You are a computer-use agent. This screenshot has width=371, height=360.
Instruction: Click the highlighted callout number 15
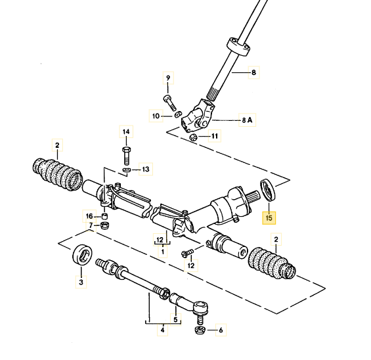pos(269,217)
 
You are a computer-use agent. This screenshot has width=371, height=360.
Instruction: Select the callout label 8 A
pos(247,120)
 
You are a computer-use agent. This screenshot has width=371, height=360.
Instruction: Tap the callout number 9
pos(168,78)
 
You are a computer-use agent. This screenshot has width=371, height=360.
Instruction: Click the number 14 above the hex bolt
pos(126,131)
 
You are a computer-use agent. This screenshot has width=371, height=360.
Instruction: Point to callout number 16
pos(89,216)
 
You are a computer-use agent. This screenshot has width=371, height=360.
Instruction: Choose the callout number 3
pos(81,282)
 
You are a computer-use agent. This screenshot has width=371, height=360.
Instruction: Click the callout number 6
pos(221,330)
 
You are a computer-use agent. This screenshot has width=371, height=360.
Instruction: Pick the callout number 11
pos(215,136)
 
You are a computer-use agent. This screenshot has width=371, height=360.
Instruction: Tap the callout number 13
pos(146,169)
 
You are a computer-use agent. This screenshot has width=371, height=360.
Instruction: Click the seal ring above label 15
pos(268,191)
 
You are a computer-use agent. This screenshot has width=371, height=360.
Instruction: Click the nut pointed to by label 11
pos(193,137)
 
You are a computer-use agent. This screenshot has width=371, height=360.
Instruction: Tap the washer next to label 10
pos(178,114)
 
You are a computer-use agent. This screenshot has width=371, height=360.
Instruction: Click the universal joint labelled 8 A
pos(198,116)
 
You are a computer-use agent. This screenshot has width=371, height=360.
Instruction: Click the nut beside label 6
pos(200,330)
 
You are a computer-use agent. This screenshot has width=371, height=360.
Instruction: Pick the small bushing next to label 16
pos(104,216)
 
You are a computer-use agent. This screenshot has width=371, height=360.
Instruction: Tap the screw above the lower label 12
pos(187,253)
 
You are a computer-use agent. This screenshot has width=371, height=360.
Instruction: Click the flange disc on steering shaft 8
pos(238,46)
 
